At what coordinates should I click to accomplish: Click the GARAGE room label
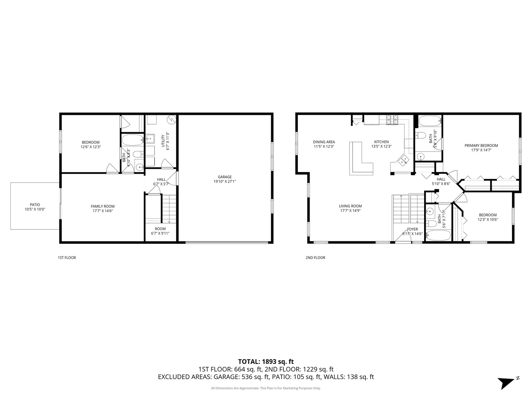(224, 177)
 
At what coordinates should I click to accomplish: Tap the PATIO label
(35, 205)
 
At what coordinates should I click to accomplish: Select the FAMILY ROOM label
(103, 207)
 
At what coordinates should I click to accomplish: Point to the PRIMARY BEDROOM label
(481, 146)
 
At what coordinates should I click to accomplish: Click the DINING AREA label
(324, 142)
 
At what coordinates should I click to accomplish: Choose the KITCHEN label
(381, 142)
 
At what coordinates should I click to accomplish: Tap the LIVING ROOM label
(350, 206)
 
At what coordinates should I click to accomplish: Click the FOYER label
(412, 229)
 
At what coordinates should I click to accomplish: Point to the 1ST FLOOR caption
(67, 258)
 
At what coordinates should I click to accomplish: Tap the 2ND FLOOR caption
(315, 258)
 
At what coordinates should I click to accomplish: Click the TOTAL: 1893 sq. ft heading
(266, 361)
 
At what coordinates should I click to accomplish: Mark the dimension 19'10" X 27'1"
(224, 181)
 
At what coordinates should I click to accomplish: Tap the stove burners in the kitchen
(392, 119)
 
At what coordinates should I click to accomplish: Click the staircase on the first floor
(170, 209)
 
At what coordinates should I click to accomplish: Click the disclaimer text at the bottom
(266, 388)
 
